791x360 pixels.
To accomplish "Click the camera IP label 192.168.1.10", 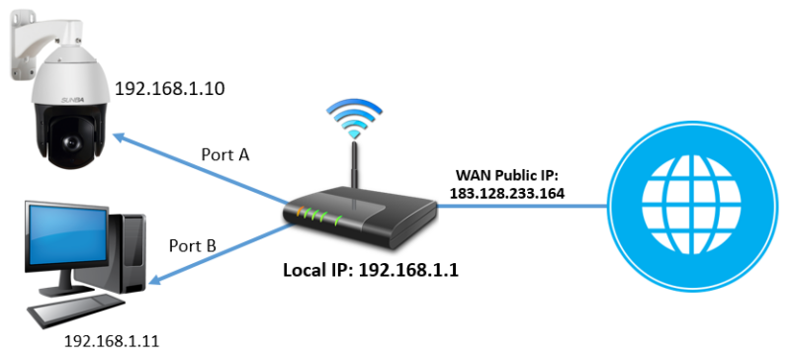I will pyautogui.click(x=169, y=89).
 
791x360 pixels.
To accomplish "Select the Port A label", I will pyautogui.click(x=225, y=154).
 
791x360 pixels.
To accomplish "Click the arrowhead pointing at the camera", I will pyautogui.click(x=122, y=139).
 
